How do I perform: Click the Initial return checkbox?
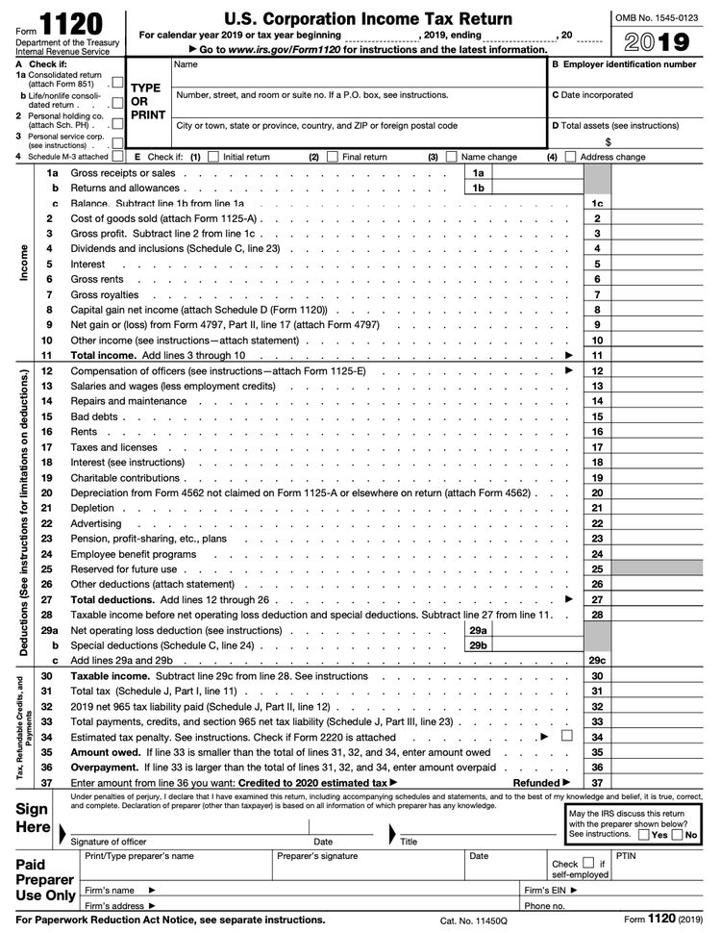pyautogui.click(x=213, y=157)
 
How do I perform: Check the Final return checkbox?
pyautogui.click(x=333, y=157)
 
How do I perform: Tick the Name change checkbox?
pyautogui.click(x=453, y=157)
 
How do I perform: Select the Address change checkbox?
pyautogui.click(x=571, y=157)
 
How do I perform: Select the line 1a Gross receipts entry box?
pyautogui.click(x=524, y=172)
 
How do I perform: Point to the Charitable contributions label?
pyautogui.click(x=125, y=478)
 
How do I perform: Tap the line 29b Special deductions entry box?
pyautogui.click(x=524, y=645)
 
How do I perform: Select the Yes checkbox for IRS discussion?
pyautogui.click(x=643, y=834)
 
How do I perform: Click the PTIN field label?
pyautogui.click(x=626, y=854)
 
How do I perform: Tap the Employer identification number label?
pyautogui.click(x=635, y=64)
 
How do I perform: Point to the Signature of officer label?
pyautogui.click(x=109, y=843)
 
